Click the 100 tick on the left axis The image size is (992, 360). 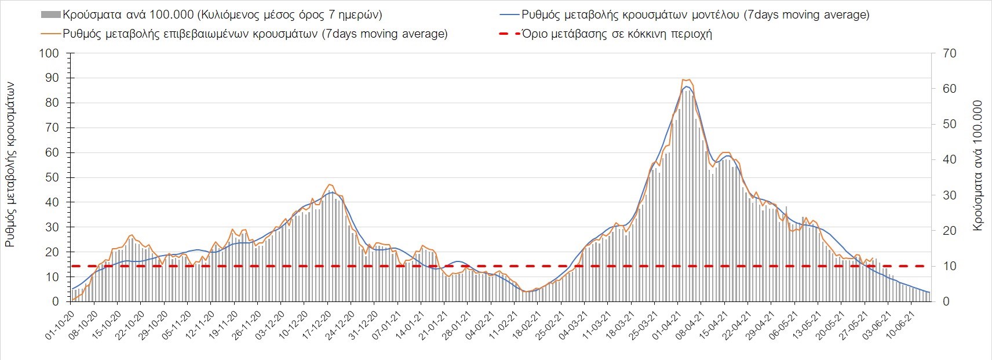[49, 53]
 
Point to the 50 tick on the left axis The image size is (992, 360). [52, 177]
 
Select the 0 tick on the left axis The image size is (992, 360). [56, 301]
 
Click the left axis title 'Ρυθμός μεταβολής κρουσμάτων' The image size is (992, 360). [10, 165]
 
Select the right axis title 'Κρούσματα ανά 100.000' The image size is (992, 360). [978, 166]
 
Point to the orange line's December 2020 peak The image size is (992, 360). [329, 184]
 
